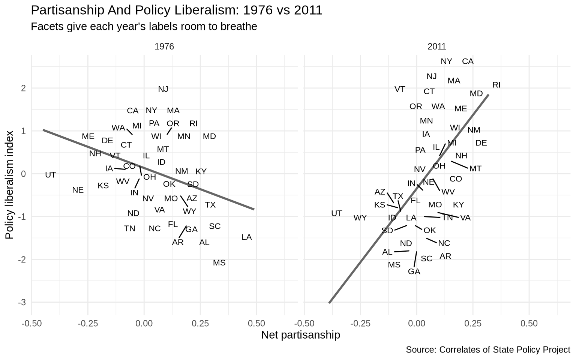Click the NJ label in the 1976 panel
tap(163, 89)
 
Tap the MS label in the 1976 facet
tap(219, 263)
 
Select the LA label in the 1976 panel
tap(247, 237)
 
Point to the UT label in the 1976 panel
tap(50, 175)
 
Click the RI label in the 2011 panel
tap(496, 85)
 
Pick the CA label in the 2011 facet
tap(468, 62)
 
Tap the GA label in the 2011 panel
tap(414, 271)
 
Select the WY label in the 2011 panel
tap(360, 218)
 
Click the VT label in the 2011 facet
tap(400, 90)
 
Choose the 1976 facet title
tap(164, 46)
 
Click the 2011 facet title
tap(437, 46)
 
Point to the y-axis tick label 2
tap(24, 88)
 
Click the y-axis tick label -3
tap(22, 303)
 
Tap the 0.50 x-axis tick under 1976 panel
tap(256, 324)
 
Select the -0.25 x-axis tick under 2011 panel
tap(360, 324)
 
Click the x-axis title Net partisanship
tap(301, 335)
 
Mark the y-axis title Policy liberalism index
tap(9, 185)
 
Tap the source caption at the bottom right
tap(488, 350)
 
